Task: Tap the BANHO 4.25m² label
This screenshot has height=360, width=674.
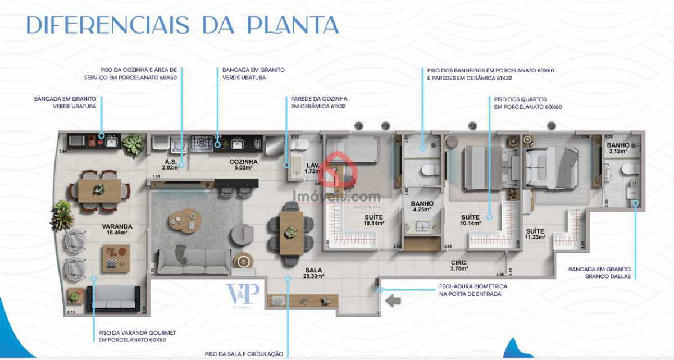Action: click(x=422, y=207)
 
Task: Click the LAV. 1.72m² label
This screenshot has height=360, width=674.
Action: click(x=312, y=168)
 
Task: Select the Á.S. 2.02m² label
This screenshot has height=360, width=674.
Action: click(x=170, y=164)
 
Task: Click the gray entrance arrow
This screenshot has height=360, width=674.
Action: click(x=393, y=301)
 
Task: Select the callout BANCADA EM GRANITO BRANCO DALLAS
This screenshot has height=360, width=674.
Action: click(x=600, y=273)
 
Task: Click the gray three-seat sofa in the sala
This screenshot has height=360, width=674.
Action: click(x=193, y=261)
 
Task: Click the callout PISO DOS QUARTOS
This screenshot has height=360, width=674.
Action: click(x=527, y=103)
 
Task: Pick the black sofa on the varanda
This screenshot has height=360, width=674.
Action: click(x=113, y=299)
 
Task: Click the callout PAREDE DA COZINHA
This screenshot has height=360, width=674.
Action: click(x=318, y=102)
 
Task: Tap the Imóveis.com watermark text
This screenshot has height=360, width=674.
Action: click(x=337, y=197)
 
